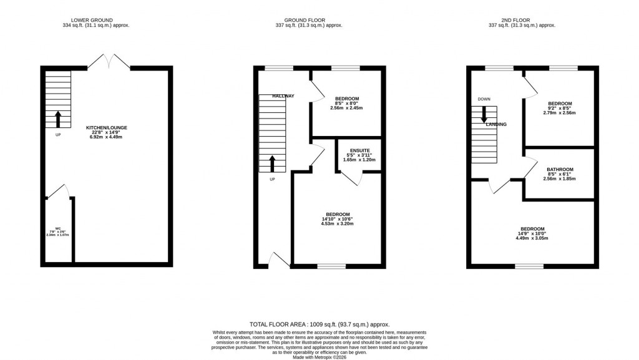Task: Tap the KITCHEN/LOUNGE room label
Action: coord(106,128)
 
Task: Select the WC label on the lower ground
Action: coord(57,228)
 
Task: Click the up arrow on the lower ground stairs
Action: coord(58,117)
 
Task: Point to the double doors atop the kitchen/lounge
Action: coord(109,61)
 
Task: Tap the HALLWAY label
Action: coord(283,96)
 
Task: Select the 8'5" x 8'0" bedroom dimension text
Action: coord(346,104)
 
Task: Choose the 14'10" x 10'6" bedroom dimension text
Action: coord(337,219)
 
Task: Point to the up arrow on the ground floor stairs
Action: coord(271,163)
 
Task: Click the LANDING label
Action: coord(496,125)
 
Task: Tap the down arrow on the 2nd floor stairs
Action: coord(484,115)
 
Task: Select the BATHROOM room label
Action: coord(559,169)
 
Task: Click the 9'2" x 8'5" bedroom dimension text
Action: coord(559,109)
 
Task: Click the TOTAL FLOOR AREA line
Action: coord(319,324)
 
